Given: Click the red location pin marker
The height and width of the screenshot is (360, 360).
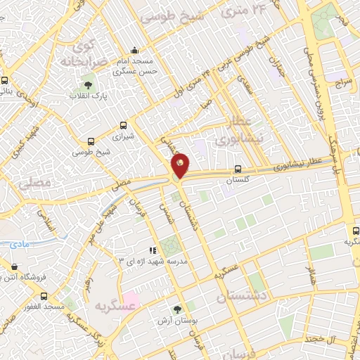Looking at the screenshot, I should [181, 165].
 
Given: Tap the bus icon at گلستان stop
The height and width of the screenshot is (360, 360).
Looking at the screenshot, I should [238, 169].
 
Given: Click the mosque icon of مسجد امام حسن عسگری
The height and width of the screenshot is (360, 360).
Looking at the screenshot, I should [135, 51].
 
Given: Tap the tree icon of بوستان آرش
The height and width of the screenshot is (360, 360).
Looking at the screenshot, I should [177, 309].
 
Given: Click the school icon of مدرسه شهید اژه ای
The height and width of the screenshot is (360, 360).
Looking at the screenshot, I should [152, 250].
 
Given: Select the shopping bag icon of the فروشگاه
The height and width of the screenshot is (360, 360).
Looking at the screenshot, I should [15, 266].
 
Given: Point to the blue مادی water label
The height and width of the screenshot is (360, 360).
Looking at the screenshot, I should [19, 244].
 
